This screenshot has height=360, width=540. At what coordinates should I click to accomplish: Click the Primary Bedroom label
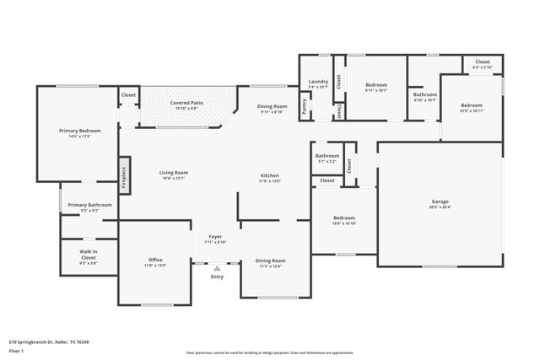pyautogui.click(x=79, y=131)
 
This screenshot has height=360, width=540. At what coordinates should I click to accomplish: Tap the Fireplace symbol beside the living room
pyautogui.click(x=124, y=176)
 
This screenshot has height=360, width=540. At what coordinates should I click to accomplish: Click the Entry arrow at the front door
pyautogui.click(x=217, y=268)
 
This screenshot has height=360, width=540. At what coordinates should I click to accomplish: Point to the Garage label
pyautogui.click(x=440, y=201)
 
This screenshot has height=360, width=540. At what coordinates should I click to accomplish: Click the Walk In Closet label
pyautogui.click(x=89, y=254)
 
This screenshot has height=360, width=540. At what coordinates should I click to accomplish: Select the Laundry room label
pyautogui.click(x=317, y=82)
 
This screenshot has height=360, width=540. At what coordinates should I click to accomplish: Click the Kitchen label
pyautogui.click(x=269, y=175)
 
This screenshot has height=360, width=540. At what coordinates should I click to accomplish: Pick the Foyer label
pyautogui.click(x=215, y=237)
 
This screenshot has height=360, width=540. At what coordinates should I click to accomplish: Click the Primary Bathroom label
pyautogui.click(x=90, y=205)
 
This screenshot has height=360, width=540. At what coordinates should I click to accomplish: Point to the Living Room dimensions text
pyautogui.click(x=173, y=179)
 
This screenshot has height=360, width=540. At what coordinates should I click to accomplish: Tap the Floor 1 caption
pyautogui.click(x=16, y=351)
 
